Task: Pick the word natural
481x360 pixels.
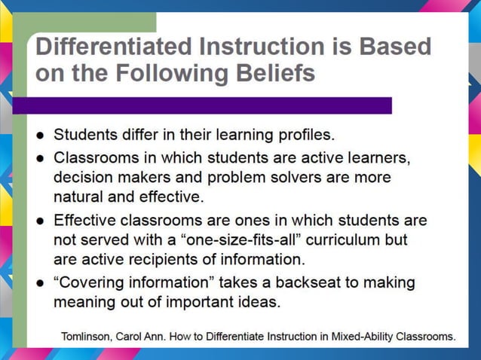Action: pyautogui.click(x=78, y=198)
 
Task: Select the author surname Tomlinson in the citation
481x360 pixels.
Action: pyautogui.click(x=87, y=337)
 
